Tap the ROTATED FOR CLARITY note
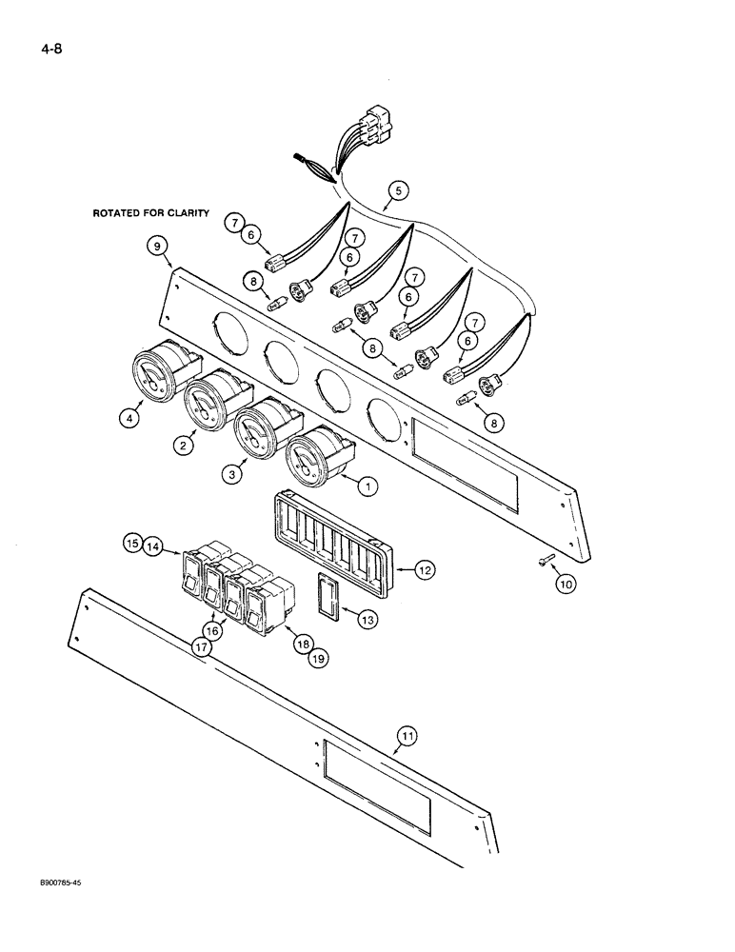150,214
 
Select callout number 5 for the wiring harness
398,190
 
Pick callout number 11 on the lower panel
407,735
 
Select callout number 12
426,570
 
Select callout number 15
131,544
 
